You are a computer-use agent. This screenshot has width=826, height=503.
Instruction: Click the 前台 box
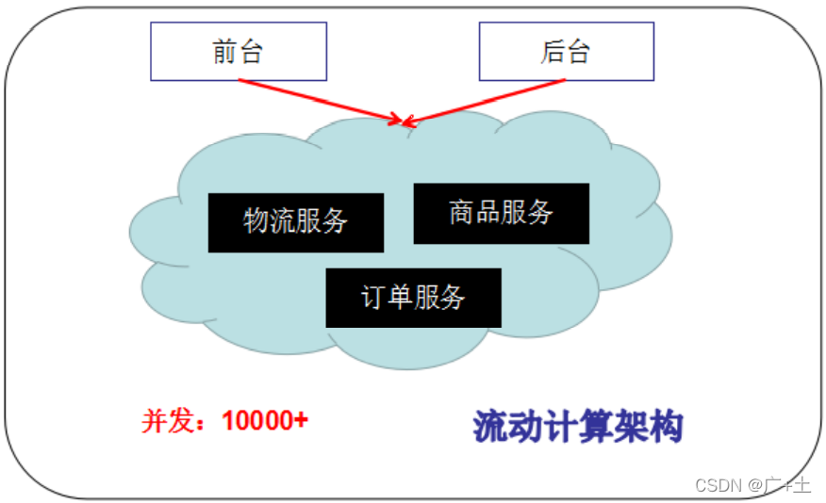pos(239,52)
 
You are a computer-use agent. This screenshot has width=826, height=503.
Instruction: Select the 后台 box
pos(566,52)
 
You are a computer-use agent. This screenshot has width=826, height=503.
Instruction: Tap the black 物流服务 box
pos(296,222)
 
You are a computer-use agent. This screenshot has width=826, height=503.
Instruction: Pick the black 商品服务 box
pos(502,213)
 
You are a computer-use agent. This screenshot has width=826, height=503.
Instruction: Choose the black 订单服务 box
pos(413,298)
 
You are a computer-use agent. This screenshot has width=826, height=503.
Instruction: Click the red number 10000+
pos(264,421)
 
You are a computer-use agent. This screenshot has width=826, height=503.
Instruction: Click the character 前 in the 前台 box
pos(225,52)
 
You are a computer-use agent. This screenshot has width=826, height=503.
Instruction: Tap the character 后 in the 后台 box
pos(553,52)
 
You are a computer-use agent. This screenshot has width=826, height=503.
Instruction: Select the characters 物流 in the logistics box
pos(270,222)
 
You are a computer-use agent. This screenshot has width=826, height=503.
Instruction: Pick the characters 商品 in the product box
pos(474,213)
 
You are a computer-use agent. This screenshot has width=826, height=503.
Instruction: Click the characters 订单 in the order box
pos(387,298)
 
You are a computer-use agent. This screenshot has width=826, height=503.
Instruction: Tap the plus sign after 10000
pos(301,421)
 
